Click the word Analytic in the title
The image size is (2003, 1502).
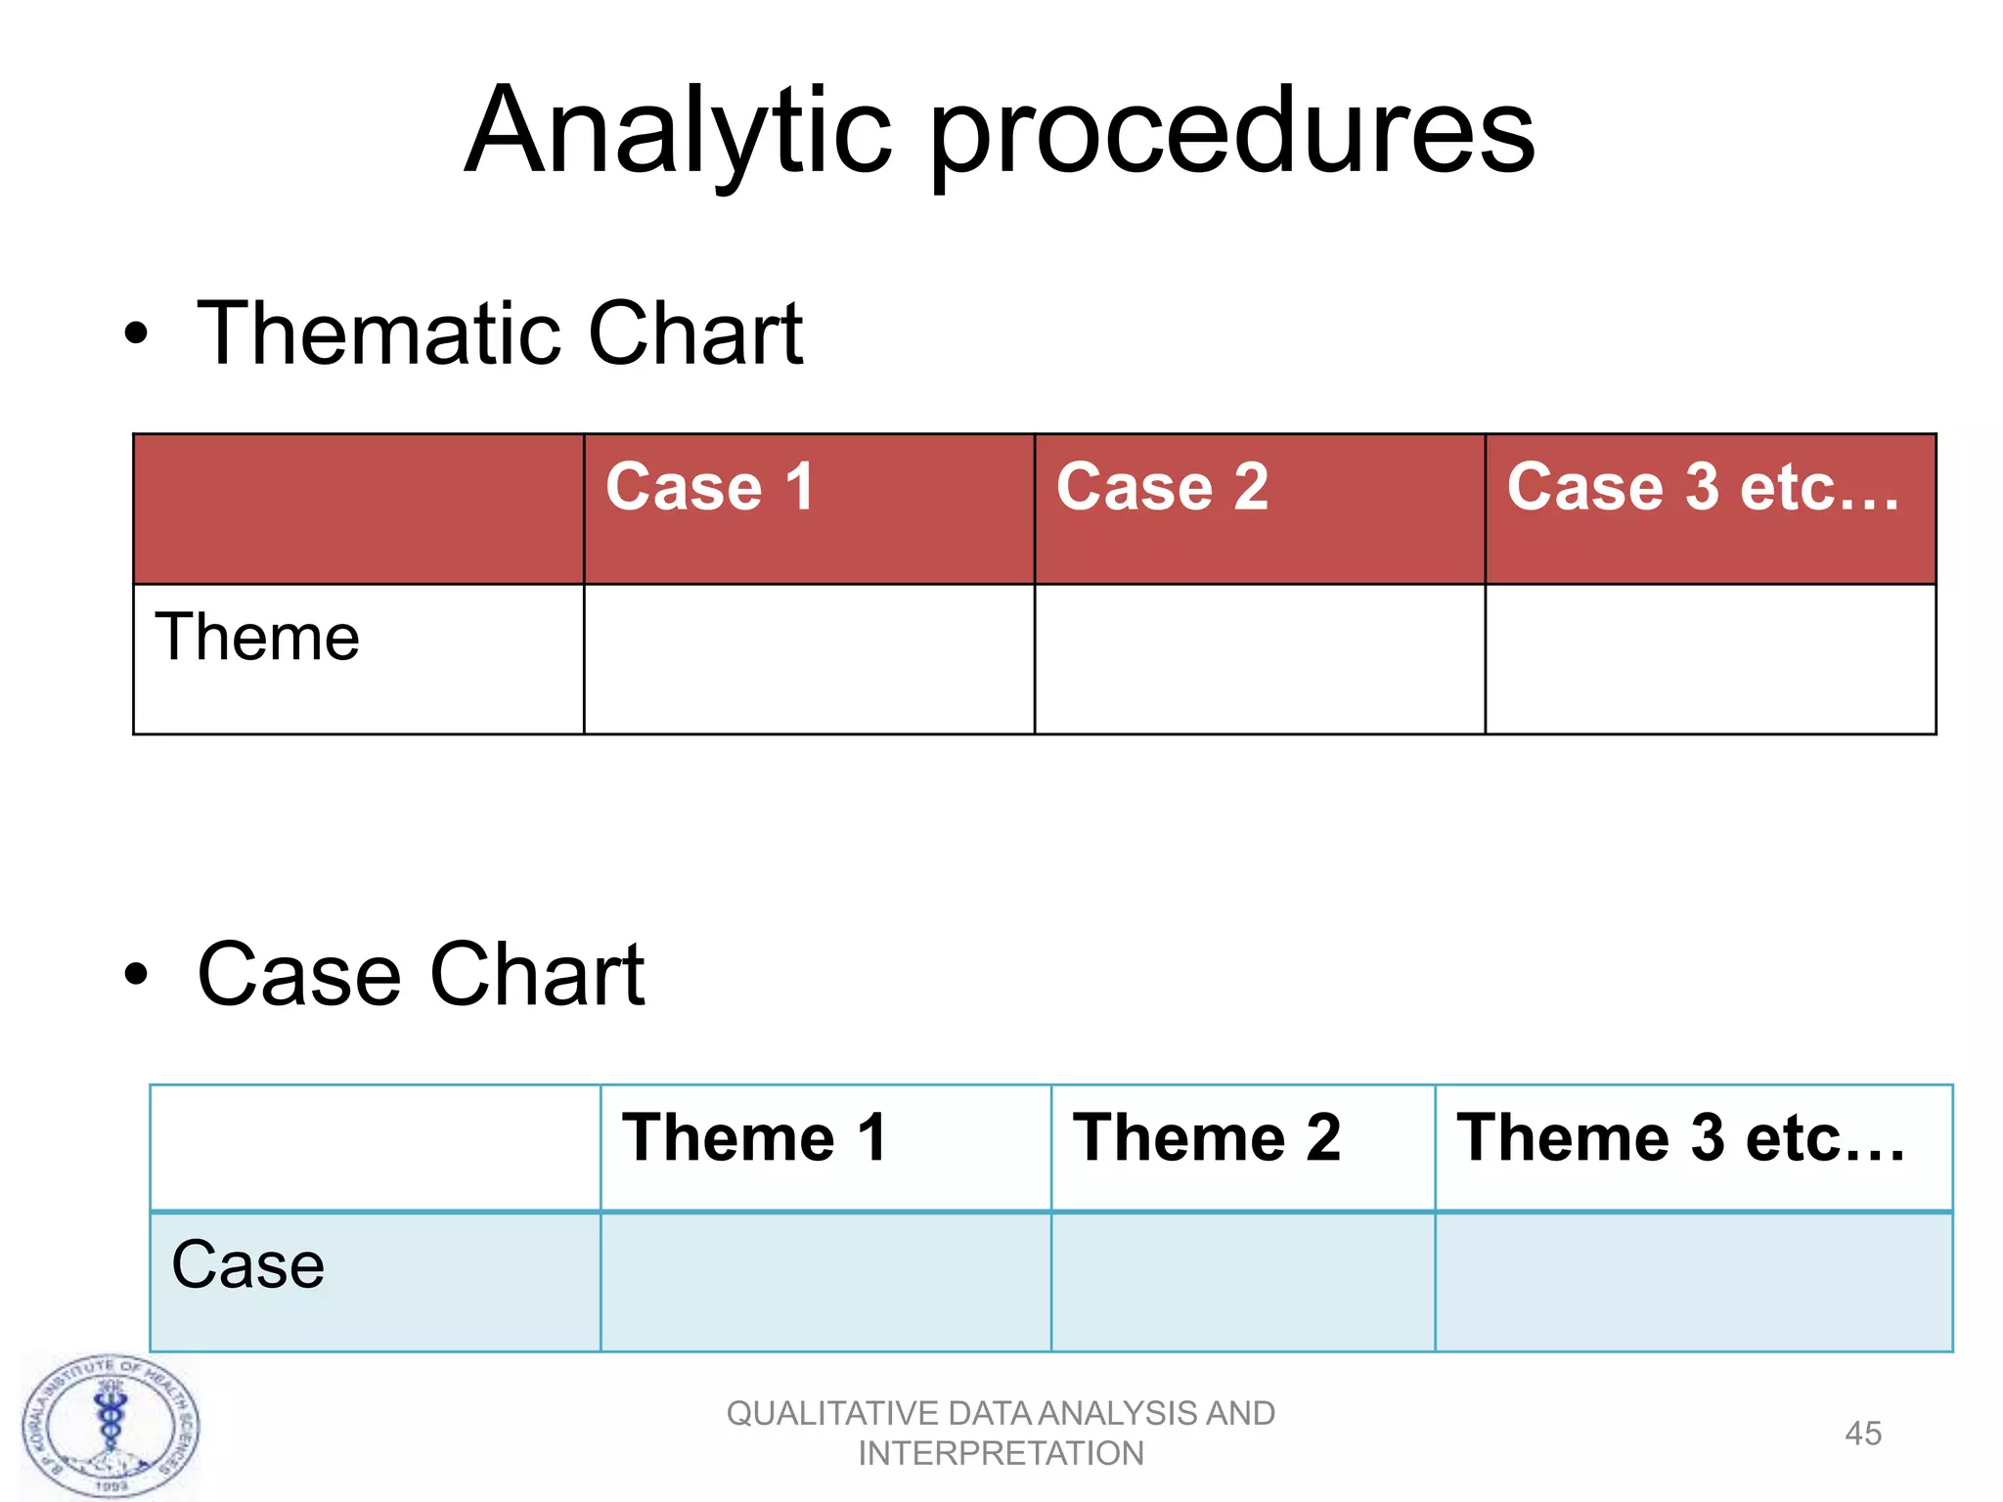pyautogui.click(x=678, y=132)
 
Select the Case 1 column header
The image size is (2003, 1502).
pyautogui.click(x=710, y=487)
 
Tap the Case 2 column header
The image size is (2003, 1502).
pyautogui.click(x=1162, y=487)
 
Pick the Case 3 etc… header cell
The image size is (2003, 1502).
pyautogui.click(x=1703, y=487)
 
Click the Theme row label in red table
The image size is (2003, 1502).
pyautogui.click(x=257, y=638)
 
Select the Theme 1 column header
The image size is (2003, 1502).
pyautogui.click(x=754, y=1138)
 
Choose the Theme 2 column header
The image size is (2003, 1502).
pyautogui.click(x=1207, y=1138)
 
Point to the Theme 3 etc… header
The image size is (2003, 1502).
pyautogui.click(x=1680, y=1138)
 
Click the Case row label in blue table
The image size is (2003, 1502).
pyautogui.click(x=247, y=1265)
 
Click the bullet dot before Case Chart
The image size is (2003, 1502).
pyautogui.click(x=136, y=974)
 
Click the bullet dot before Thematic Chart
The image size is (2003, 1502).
pyautogui.click(x=136, y=334)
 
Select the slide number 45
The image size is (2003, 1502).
pyautogui.click(x=1862, y=1434)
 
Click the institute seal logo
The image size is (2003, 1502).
pyautogui.click(x=110, y=1426)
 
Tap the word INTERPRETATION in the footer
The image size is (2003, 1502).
pyautogui.click(x=1001, y=1454)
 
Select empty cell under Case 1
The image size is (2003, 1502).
pyautogui.click(x=809, y=659)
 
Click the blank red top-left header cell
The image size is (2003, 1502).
pyautogui.click(x=358, y=509)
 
